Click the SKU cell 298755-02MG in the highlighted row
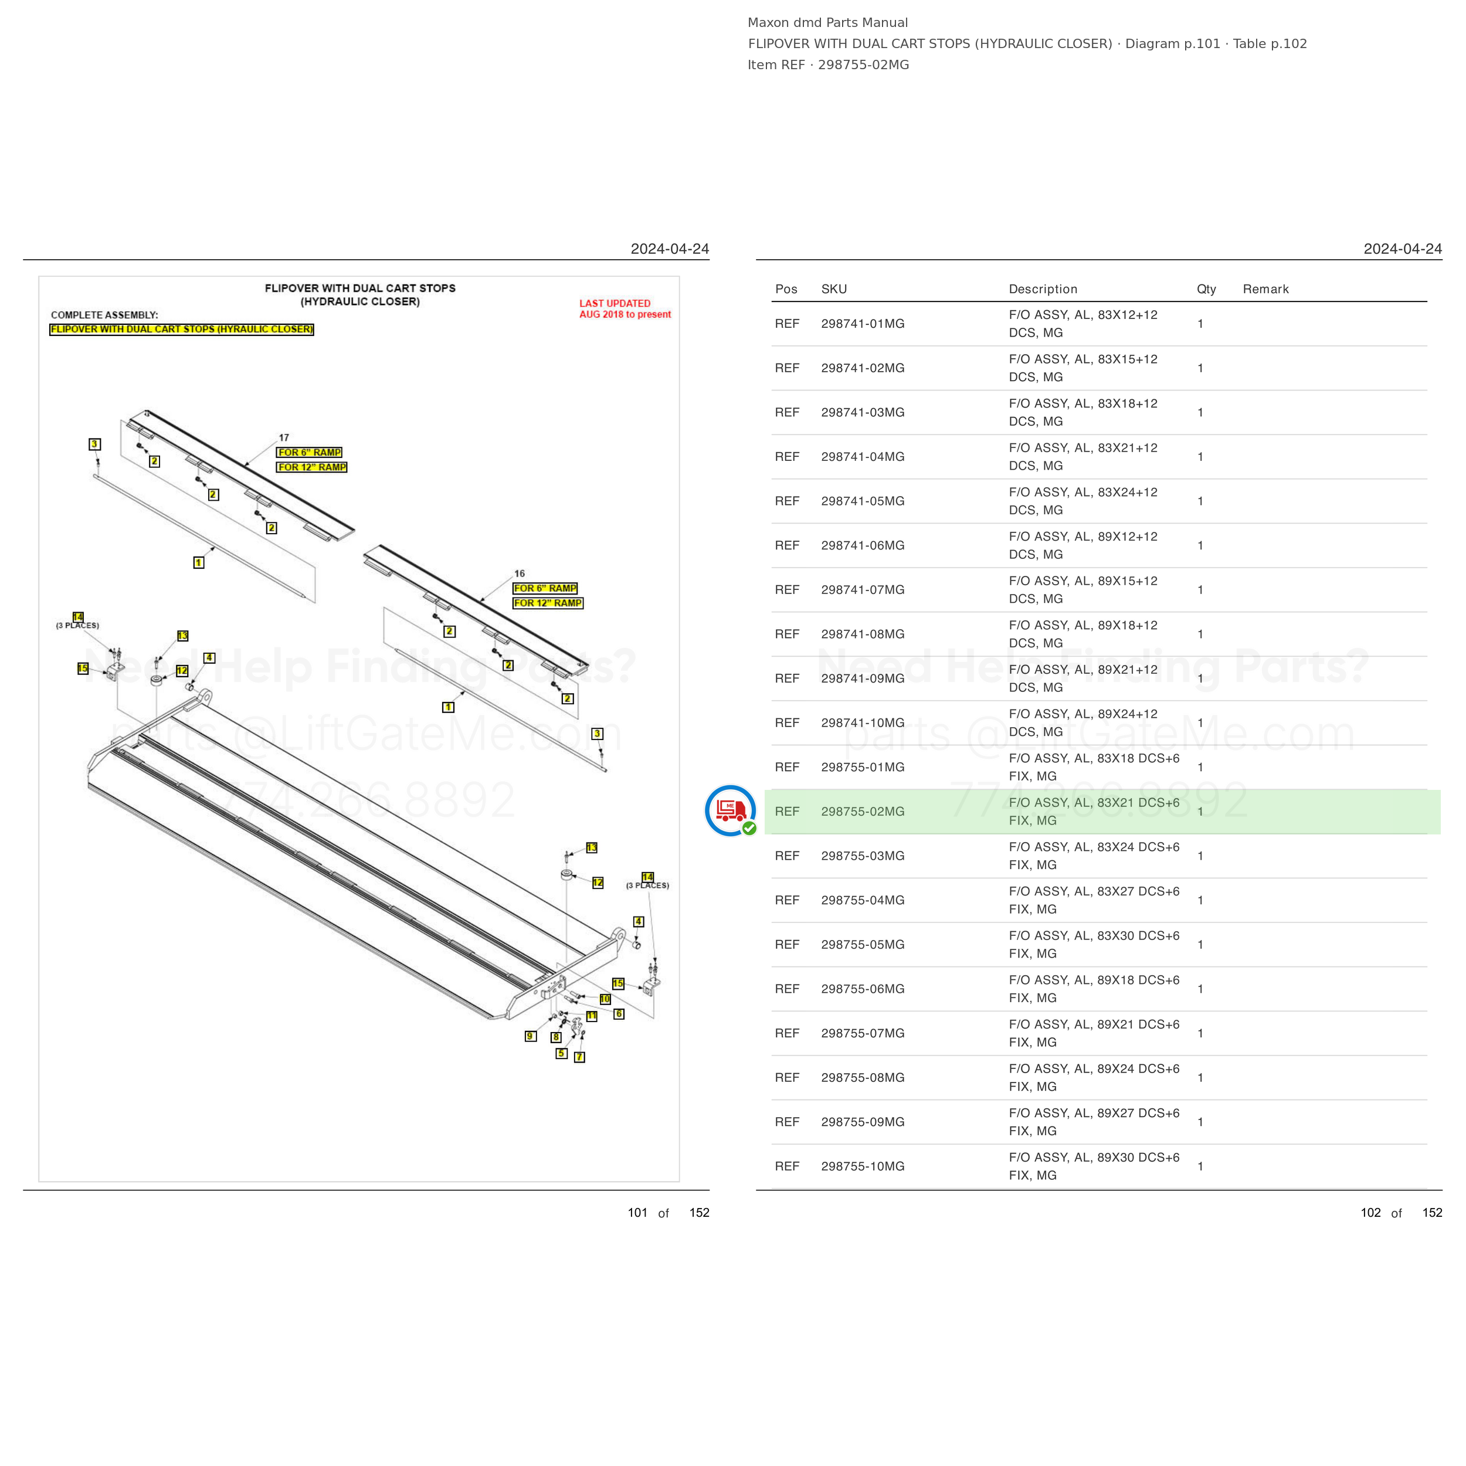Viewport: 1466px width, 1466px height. (862, 811)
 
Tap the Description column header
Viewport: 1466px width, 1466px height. (1043, 289)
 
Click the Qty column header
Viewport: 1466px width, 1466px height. (1206, 289)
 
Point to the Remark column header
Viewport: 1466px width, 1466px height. (1265, 289)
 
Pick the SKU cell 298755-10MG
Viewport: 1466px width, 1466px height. (862, 1166)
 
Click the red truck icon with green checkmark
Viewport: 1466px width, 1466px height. (731, 810)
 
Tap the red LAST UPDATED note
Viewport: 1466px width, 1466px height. (625, 309)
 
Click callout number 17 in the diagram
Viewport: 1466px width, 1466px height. (284, 438)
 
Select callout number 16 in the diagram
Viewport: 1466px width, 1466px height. (520, 573)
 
